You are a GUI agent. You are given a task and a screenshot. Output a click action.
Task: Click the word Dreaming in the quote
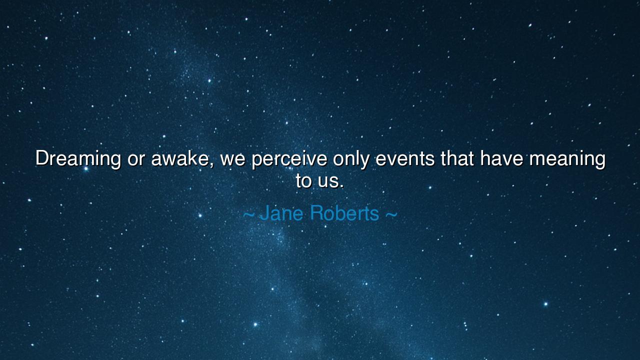pos(78,159)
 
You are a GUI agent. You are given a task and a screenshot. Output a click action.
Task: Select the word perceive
pos(289,159)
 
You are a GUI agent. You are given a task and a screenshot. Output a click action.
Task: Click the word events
pos(405,159)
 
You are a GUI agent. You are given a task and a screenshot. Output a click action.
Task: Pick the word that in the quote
pos(457,159)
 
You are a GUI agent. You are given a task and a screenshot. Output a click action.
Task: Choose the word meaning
pos(567,159)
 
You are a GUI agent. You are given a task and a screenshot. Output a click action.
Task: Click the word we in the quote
pos(232,159)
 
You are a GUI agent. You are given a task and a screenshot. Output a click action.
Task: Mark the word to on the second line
pos(303,180)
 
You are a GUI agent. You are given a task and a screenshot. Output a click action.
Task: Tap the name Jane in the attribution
pos(281,213)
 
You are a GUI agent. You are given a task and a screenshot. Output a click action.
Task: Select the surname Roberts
pos(344,213)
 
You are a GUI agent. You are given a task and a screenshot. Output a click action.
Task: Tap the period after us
pos(341,186)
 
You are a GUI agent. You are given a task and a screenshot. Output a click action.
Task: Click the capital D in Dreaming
pos(41,159)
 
